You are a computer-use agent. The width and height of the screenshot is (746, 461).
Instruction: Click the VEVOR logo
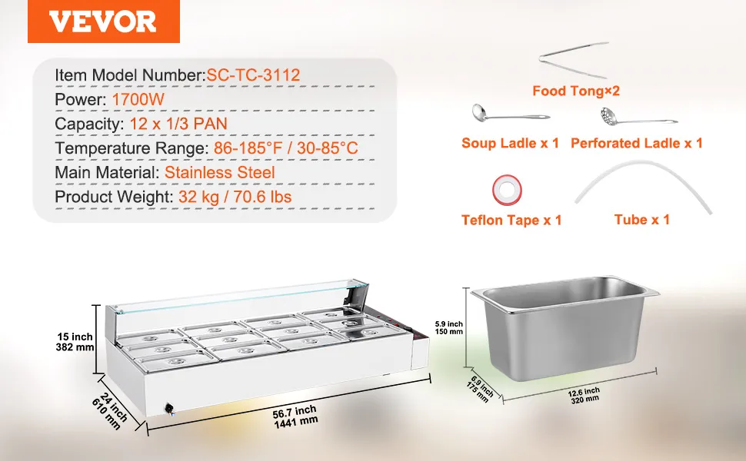tap(103, 22)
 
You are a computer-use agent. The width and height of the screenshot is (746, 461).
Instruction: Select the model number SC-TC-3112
tap(253, 75)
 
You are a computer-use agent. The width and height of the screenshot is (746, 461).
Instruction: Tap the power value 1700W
tap(138, 100)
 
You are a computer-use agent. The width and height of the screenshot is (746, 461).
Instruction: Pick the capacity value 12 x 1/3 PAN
tap(178, 124)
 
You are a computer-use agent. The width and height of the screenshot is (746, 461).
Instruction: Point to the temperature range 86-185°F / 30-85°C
tap(285, 148)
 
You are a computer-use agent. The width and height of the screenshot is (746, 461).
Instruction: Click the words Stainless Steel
tap(220, 173)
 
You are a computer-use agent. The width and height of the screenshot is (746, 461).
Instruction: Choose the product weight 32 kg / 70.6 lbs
tap(235, 197)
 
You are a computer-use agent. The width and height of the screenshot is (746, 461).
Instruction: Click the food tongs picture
tap(574, 60)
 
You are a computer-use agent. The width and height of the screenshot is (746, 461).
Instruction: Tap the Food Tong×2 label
tap(576, 91)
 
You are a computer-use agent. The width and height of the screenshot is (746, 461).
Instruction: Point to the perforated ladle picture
tap(638, 117)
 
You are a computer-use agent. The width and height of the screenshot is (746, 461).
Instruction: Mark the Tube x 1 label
tap(642, 220)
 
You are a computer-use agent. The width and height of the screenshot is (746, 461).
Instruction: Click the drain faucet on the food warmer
tap(169, 409)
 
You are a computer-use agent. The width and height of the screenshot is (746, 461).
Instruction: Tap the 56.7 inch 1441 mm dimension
tap(295, 416)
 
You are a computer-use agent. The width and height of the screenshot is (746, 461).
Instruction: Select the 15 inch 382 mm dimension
tap(75, 342)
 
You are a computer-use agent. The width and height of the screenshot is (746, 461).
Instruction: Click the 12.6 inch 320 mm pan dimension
tap(584, 396)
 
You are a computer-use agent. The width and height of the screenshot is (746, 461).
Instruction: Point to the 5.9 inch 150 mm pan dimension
tap(448, 327)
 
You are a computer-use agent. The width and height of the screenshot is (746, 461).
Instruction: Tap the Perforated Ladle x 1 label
tap(637, 143)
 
